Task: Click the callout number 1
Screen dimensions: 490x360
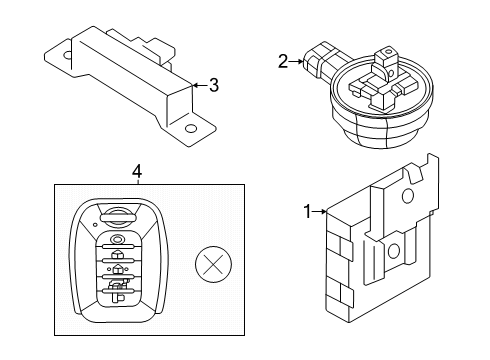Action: (308, 212)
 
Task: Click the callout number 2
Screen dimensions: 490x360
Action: (283, 62)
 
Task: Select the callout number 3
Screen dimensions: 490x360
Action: (214, 85)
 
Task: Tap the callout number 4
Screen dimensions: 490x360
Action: (137, 172)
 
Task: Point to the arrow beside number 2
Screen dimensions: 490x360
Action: (296, 62)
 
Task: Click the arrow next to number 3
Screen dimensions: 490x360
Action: (200, 85)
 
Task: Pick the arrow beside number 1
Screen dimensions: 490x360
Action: (320, 211)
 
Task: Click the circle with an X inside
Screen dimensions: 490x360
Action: (213, 264)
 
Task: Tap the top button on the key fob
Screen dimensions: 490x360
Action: (118, 240)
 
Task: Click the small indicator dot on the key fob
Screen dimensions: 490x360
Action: (95, 224)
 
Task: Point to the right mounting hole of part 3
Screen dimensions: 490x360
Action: (190, 128)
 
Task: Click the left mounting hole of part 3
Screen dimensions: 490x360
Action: (68, 55)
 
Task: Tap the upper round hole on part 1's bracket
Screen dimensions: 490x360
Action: (408, 196)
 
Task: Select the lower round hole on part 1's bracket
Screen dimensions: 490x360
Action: (394, 250)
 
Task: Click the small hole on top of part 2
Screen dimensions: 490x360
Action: (387, 52)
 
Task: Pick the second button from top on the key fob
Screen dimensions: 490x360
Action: (118, 254)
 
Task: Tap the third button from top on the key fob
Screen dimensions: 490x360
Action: (118, 270)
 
